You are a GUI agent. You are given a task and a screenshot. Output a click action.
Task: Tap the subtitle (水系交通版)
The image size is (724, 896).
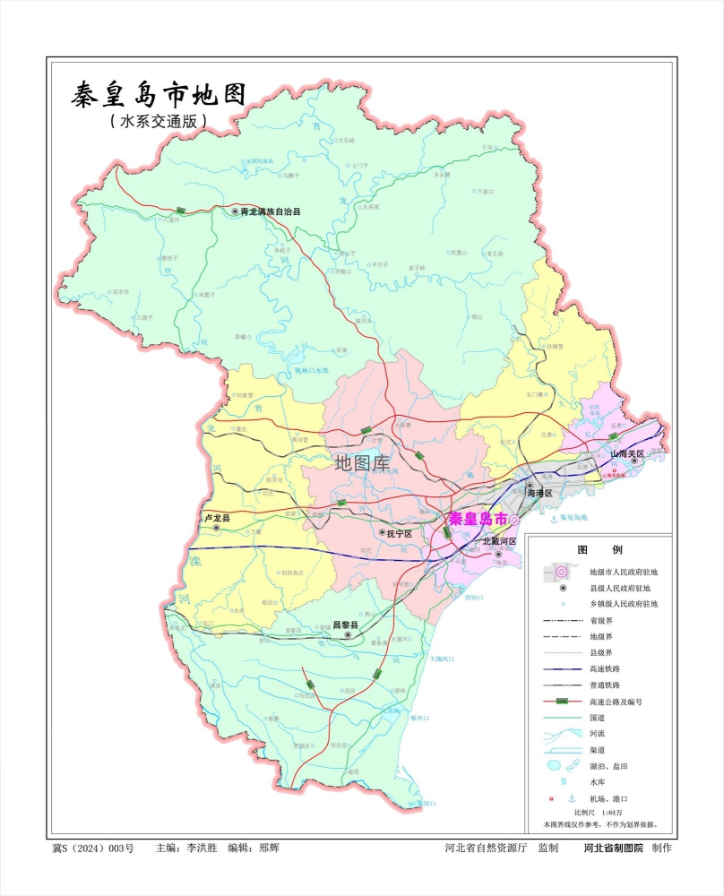(x=158, y=120)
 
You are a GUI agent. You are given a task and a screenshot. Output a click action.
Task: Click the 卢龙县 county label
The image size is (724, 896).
(x=214, y=519)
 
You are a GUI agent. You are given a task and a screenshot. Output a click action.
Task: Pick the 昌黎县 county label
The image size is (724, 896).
(x=345, y=625)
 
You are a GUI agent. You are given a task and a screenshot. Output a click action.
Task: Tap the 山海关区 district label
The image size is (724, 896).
(x=627, y=454)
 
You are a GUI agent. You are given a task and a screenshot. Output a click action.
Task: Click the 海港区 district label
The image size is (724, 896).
(x=542, y=494)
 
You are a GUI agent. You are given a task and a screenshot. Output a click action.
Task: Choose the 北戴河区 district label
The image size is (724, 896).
(x=499, y=542)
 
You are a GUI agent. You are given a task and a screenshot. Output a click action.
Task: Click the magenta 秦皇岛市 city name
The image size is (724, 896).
(x=478, y=519)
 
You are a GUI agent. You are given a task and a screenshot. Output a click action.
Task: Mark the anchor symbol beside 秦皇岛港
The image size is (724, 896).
(x=553, y=518)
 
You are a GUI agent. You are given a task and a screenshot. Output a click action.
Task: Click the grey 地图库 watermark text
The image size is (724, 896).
(x=362, y=462)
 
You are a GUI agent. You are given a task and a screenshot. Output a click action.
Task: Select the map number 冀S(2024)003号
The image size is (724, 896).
(x=93, y=848)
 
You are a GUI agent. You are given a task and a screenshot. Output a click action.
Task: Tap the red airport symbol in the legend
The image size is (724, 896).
(x=550, y=798)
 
